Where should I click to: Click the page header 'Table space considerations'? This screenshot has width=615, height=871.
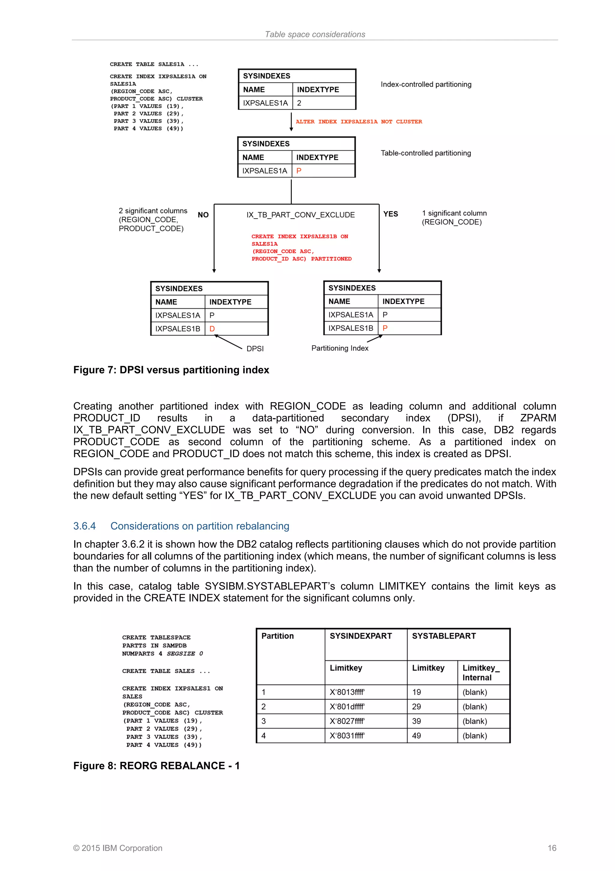click(x=315, y=35)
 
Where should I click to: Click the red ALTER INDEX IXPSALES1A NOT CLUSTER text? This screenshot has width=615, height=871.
click(x=359, y=122)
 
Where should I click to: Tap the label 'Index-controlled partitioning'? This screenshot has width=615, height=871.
click(x=426, y=84)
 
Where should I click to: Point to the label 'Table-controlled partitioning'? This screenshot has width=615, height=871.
click(x=426, y=153)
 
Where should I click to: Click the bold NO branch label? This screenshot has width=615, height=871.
click(x=203, y=215)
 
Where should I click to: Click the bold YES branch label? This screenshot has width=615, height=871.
click(x=390, y=214)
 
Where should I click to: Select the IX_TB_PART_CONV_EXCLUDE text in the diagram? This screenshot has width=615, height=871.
click(x=301, y=215)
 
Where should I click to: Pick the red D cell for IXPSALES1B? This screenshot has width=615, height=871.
click(x=212, y=329)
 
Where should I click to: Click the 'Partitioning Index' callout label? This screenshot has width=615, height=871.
click(x=340, y=348)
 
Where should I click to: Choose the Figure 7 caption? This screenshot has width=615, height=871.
click(x=171, y=370)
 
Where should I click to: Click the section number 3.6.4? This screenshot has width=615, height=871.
click(x=84, y=526)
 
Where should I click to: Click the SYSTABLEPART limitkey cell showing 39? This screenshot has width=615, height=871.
click(x=417, y=721)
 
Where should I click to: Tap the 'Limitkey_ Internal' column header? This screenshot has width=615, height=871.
click(x=480, y=673)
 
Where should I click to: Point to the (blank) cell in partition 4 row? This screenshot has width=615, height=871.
click(x=474, y=736)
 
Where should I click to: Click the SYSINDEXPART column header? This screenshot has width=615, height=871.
click(x=360, y=636)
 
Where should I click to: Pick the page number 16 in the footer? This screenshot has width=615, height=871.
click(x=552, y=848)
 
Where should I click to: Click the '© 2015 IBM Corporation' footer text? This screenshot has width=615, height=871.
click(x=117, y=848)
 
